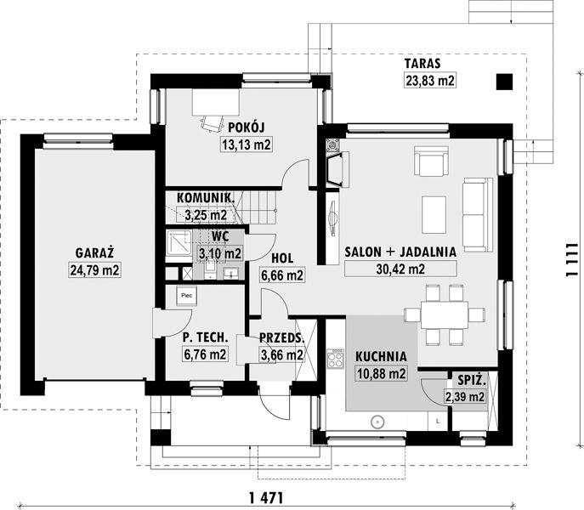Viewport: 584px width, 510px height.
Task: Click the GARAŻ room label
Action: coord(94,253)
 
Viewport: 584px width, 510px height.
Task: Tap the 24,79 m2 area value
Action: coord(94,270)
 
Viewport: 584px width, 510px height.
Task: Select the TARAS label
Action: coord(422,64)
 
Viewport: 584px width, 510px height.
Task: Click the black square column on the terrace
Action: coord(504,82)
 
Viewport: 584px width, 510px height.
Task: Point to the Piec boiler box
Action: coord(187,296)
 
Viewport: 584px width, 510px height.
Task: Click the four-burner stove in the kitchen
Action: coord(335,359)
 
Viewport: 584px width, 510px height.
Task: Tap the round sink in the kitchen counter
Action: coord(377,422)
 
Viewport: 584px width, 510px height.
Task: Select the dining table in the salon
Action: coord(445,314)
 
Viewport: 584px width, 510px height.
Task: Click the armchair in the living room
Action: coord(432,161)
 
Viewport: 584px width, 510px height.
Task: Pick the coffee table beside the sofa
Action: coord(434,215)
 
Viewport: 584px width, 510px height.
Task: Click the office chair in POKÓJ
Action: coord(211,123)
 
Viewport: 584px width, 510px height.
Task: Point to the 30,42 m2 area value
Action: coord(400,269)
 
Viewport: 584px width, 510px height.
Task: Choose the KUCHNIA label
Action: coord(381,356)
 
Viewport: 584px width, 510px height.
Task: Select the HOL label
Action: coord(282,258)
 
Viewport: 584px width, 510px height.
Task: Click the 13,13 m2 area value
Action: coord(247,144)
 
